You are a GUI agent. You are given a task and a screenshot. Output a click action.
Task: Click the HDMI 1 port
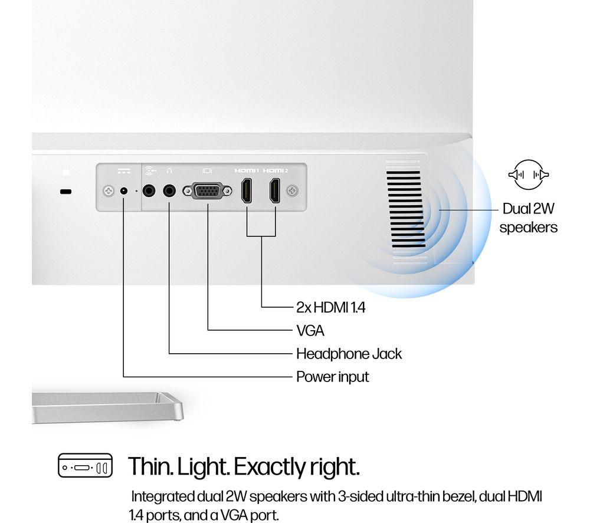pyautogui.click(x=247, y=190)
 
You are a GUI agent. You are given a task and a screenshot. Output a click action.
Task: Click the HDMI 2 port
pyautogui.click(x=275, y=190)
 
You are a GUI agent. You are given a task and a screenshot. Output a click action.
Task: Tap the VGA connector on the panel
pyautogui.click(x=207, y=191)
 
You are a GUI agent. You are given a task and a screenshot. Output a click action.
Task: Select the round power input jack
pyautogui.click(x=123, y=191)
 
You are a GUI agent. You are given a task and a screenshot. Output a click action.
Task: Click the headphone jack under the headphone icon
pyautogui.click(x=169, y=191)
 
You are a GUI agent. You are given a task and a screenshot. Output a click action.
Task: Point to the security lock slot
pyautogui.click(x=65, y=192)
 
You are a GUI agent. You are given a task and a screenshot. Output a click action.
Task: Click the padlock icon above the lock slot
pyautogui.click(x=66, y=171)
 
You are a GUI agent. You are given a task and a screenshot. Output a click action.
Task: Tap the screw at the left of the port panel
pyautogui.click(x=109, y=191)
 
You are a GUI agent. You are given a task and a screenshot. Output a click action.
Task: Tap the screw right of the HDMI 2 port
pyautogui.click(x=293, y=190)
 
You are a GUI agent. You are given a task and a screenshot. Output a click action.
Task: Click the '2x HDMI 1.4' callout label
pyautogui.click(x=331, y=308)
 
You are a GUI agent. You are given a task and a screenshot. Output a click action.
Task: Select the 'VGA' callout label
pyautogui.click(x=310, y=331)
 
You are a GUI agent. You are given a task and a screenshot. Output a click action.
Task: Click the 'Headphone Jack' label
pyautogui.click(x=349, y=354)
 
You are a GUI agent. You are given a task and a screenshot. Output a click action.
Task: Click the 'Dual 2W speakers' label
pyautogui.click(x=528, y=218)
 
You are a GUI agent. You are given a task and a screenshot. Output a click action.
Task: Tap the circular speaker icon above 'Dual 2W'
pyautogui.click(x=529, y=175)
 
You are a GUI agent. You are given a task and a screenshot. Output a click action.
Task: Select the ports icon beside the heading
pyautogui.click(x=85, y=465)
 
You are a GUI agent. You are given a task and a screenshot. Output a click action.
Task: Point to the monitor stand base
pyautogui.click(x=107, y=407)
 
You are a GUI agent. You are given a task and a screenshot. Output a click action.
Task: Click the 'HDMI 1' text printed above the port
pyautogui.click(x=247, y=171)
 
